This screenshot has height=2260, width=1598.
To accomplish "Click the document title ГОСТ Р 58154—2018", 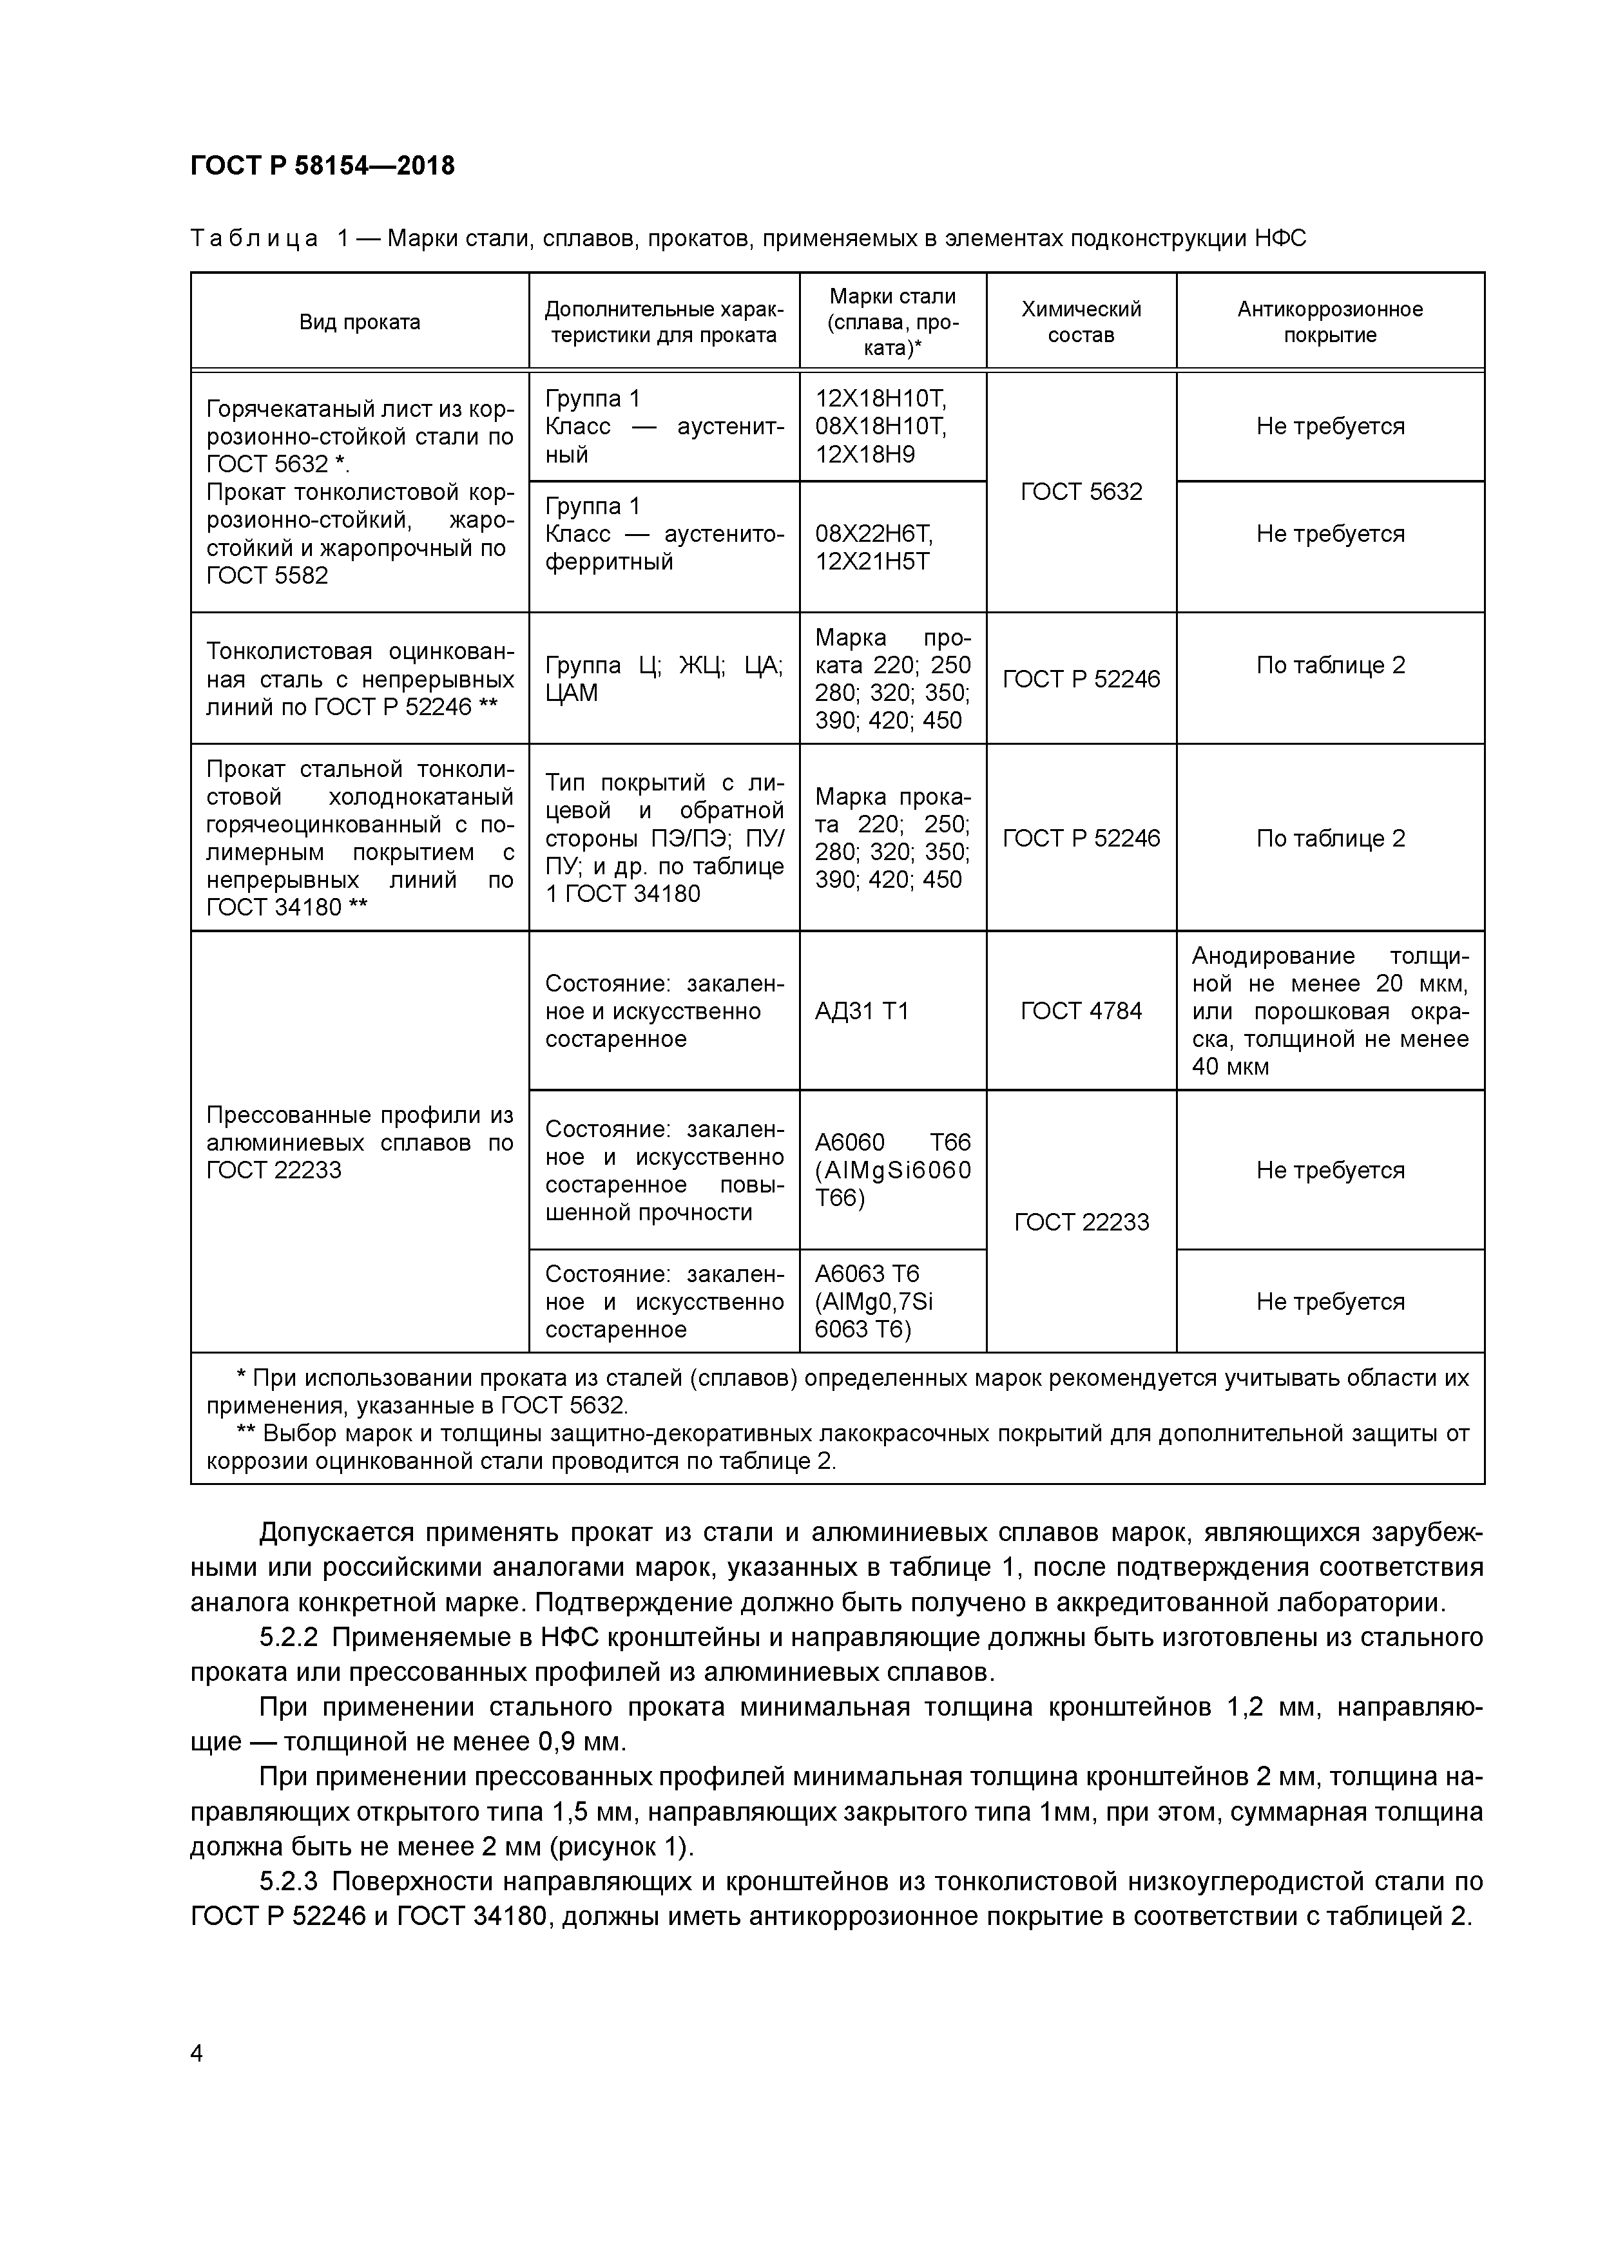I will tap(322, 166).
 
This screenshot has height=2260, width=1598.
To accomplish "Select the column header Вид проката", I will tap(360, 322).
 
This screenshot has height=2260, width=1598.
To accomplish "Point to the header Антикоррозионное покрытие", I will tap(1329, 322).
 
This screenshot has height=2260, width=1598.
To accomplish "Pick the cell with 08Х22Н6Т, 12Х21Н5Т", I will tap(873, 547).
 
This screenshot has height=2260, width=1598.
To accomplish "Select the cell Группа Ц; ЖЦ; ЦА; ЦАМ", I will tap(664, 678).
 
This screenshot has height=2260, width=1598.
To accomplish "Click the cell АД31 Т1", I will tap(862, 1011).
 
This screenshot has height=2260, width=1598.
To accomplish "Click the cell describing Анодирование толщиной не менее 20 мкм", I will tap(1329, 1011).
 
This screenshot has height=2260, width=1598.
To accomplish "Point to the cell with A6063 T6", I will tap(873, 1301).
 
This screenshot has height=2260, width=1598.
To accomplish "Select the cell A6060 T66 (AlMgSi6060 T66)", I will tap(891, 1169).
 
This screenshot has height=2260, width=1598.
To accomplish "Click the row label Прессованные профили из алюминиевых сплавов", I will tap(360, 1142).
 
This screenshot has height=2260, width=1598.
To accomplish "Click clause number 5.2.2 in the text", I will tap(289, 1637).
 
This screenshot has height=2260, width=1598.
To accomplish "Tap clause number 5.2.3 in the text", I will tap(289, 1881).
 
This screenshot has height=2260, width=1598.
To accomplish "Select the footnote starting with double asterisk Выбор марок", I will tap(837, 1447).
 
